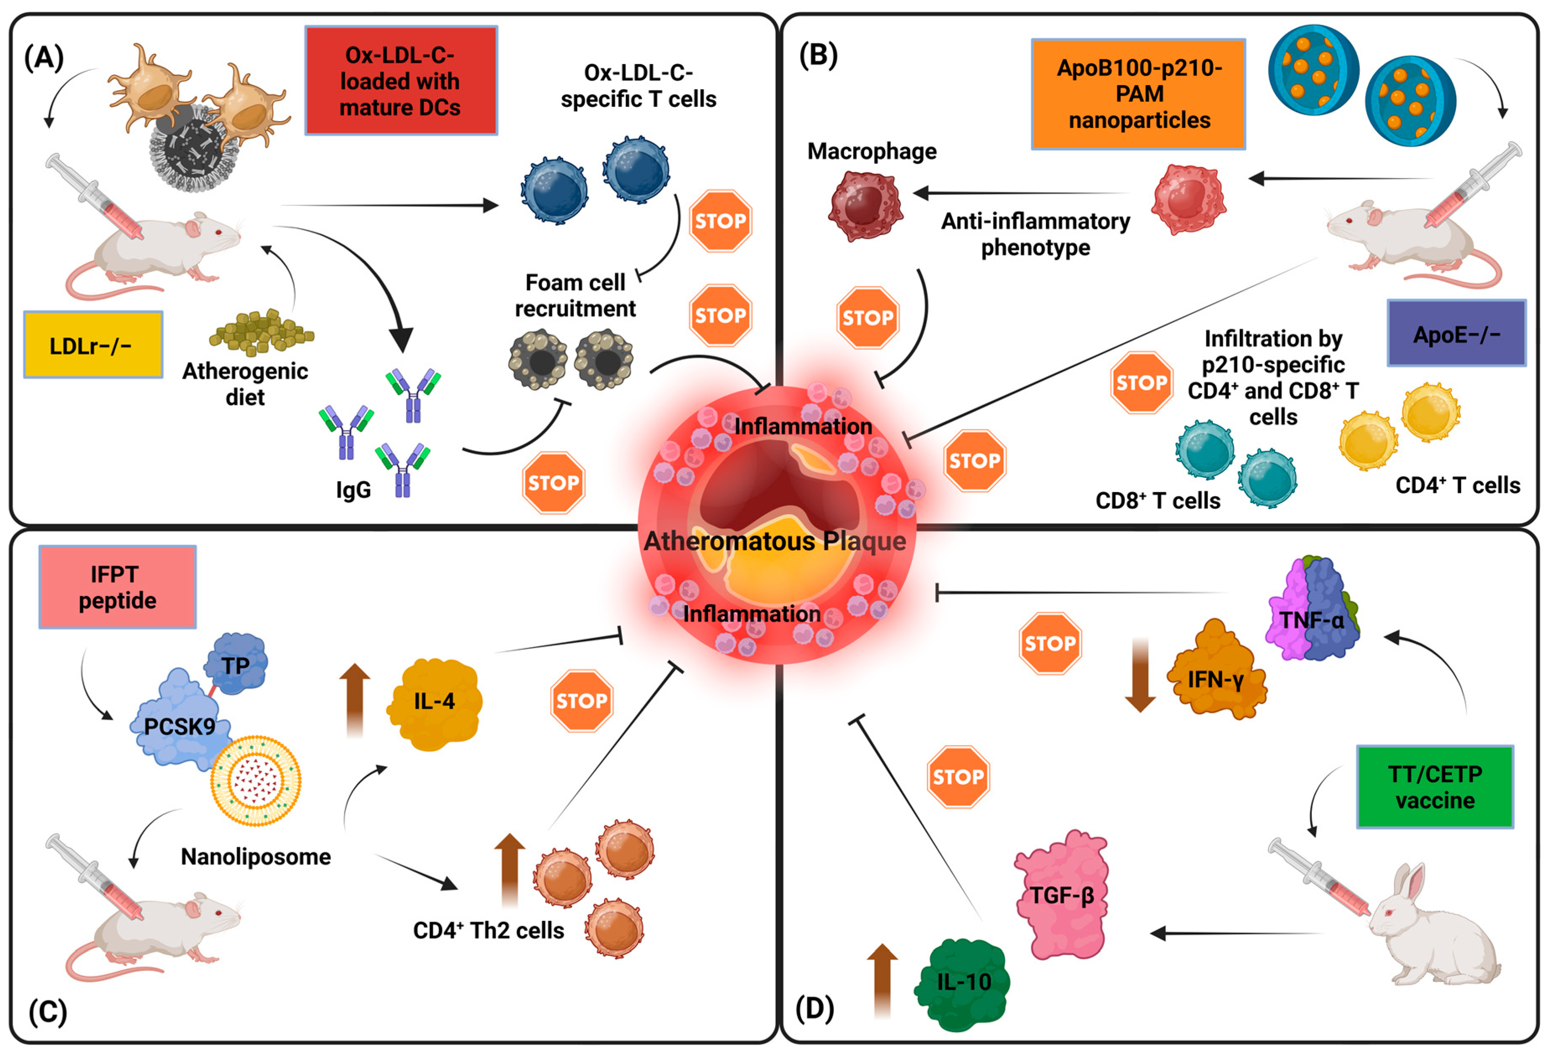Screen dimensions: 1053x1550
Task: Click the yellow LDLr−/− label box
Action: pyautogui.click(x=93, y=345)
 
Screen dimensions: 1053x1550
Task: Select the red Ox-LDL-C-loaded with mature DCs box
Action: pyautogui.click(x=401, y=80)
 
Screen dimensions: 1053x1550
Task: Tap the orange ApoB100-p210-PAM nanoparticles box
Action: pyautogui.click(x=1138, y=94)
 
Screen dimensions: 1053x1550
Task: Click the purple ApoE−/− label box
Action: pyautogui.click(x=1456, y=333)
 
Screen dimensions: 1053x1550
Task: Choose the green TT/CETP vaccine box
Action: pyautogui.click(x=1435, y=787)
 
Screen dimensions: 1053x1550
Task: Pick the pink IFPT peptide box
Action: pyautogui.click(x=117, y=587)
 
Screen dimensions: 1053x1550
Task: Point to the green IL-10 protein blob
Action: pyautogui.click(x=963, y=982)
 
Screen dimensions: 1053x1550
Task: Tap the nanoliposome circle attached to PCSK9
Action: pyautogui.click(x=255, y=780)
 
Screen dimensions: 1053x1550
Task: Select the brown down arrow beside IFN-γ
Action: pyautogui.click(x=1140, y=675)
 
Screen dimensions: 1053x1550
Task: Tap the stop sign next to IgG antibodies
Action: pyautogui.click(x=553, y=482)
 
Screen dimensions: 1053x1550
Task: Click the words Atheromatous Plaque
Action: pyautogui.click(x=774, y=541)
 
